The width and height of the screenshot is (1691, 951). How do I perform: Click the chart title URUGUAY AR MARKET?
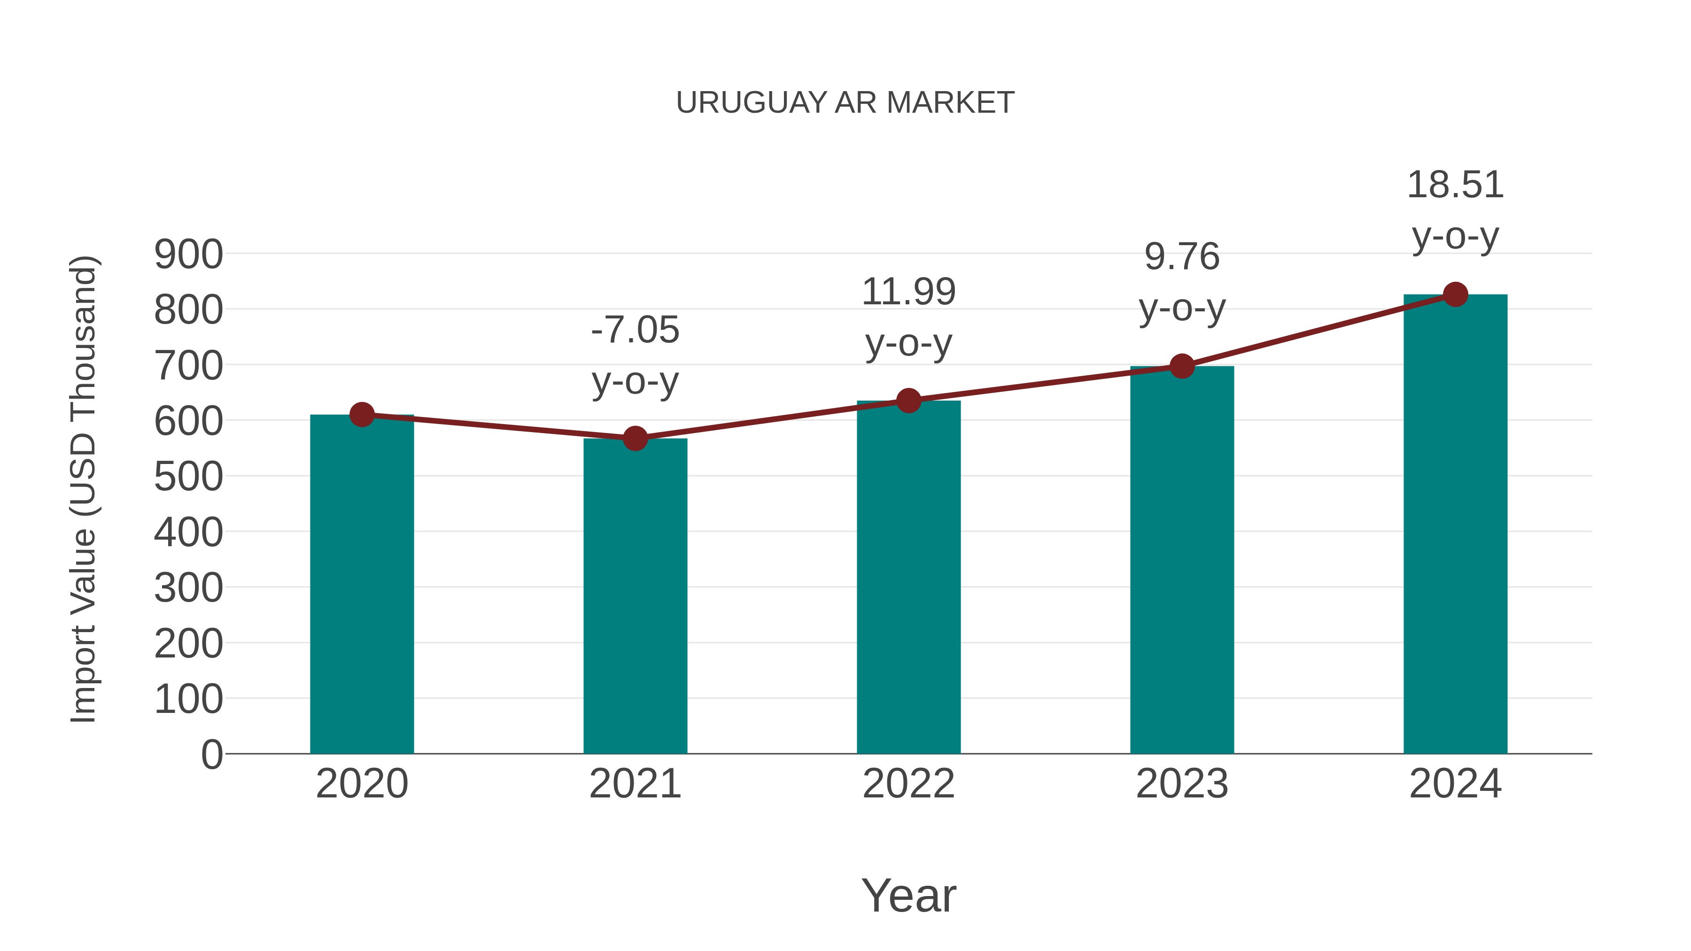(x=845, y=103)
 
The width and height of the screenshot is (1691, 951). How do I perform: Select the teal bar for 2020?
(x=362, y=584)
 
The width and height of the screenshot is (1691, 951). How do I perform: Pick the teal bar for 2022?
(x=908, y=578)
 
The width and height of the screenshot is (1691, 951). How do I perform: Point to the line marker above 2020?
(x=362, y=415)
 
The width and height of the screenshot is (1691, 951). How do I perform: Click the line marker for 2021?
(x=635, y=439)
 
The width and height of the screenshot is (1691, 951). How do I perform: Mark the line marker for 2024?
(x=1455, y=294)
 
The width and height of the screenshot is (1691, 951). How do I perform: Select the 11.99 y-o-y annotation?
(x=908, y=317)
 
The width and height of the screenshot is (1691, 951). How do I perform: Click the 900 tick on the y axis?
(x=188, y=255)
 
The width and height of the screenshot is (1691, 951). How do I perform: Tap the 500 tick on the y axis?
(x=188, y=477)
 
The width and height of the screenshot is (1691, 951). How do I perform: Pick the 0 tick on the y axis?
(x=211, y=754)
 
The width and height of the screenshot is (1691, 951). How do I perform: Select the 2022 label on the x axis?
(x=908, y=784)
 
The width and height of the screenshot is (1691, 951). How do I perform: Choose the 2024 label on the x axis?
(x=1455, y=784)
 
